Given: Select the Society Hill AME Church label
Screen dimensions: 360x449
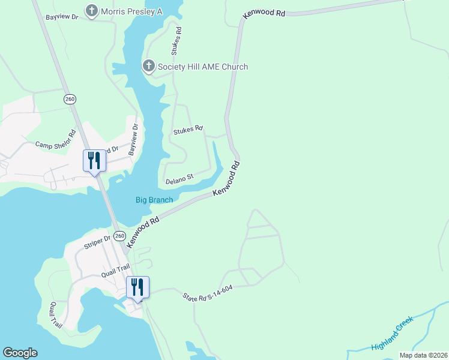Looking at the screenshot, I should coord(203,67).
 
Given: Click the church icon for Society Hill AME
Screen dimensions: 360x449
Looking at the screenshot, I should coord(148,66).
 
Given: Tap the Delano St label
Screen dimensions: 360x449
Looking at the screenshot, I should coord(178,178).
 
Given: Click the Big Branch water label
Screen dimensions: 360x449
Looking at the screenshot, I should coord(154,200).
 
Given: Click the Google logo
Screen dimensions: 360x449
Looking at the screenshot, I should coord(20,353).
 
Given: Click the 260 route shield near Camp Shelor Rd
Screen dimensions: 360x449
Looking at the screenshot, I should coord(70,98).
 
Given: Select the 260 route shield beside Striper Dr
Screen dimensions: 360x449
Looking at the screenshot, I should coord(119,235).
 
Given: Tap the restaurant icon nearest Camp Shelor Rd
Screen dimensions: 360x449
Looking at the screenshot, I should coord(94,161).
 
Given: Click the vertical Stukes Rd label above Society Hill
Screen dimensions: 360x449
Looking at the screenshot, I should coord(178,38).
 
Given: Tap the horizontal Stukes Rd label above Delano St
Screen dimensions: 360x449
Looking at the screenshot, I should coord(188,130).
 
